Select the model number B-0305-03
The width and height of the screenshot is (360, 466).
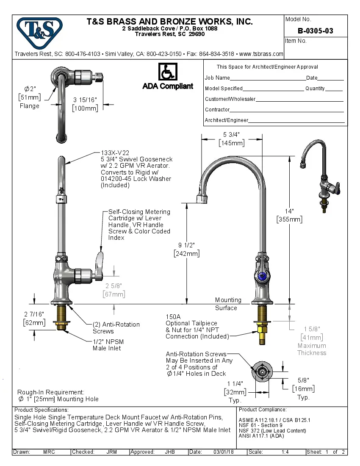[315, 31]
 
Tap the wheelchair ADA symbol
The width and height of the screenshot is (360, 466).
[168, 72]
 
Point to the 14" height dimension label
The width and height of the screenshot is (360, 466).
[289, 211]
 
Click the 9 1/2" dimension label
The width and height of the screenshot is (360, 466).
[186, 245]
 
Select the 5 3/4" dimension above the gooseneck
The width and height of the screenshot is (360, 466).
[231, 135]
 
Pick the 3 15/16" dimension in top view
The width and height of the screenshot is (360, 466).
[85, 100]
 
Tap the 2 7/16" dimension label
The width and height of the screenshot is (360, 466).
[34, 314]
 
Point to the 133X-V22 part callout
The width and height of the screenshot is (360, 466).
[115, 153]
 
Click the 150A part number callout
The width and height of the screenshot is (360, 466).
[173, 316]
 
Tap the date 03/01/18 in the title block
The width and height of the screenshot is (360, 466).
[224, 452]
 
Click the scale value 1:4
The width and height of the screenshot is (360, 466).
[285, 452]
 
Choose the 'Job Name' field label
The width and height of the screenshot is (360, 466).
[217, 78]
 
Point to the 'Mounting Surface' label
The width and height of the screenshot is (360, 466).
[228, 304]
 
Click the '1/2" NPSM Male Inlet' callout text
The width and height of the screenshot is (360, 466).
[108, 345]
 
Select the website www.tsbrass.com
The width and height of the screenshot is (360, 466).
[261, 54]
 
